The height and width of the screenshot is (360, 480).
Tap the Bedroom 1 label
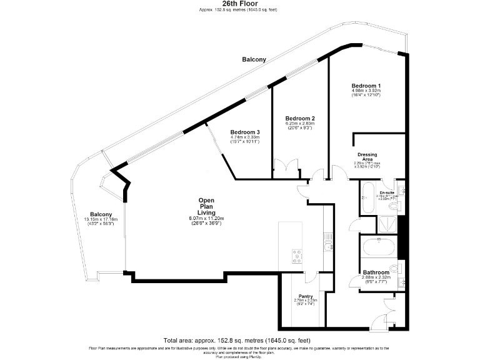(366, 85)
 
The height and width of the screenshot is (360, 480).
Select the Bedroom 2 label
(299, 118)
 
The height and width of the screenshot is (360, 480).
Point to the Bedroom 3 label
(244, 132)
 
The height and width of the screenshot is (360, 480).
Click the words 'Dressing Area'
(367, 157)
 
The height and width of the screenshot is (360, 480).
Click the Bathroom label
(376, 272)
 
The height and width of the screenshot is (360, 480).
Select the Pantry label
(306, 296)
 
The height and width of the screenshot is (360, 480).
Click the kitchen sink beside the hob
(327, 246)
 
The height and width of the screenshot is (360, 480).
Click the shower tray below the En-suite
(377, 223)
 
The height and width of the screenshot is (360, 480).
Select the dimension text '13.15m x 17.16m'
(101, 219)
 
